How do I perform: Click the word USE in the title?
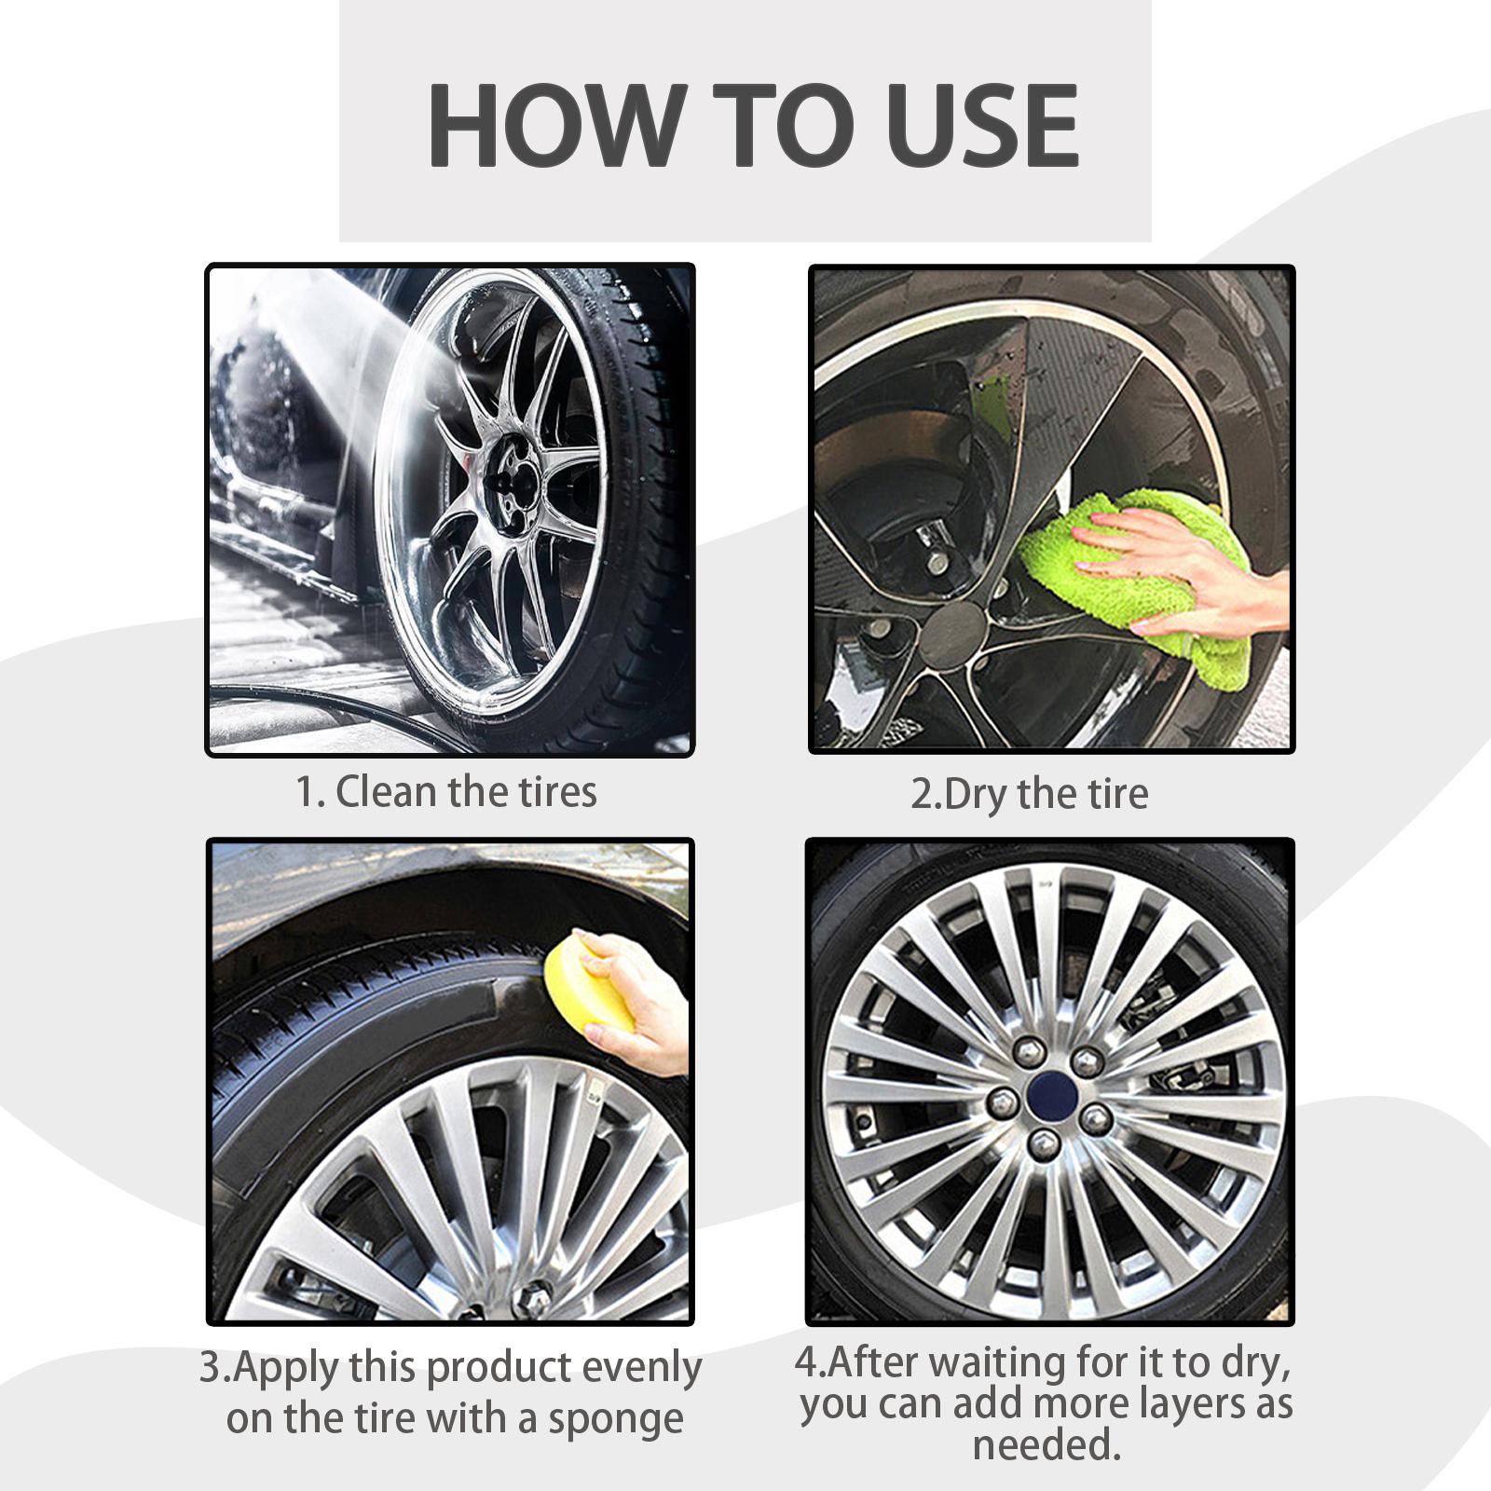click(972, 125)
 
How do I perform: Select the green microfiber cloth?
click(1137, 587)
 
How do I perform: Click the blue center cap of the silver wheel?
click(1052, 1091)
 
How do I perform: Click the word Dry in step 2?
click(976, 794)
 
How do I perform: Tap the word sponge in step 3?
click(616, 1421)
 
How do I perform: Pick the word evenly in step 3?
click(642, 1369)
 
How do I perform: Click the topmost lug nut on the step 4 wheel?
click(1029, 1051)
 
